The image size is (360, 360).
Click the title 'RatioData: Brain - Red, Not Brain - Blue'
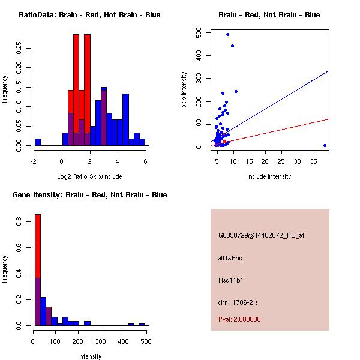[x=89, y=14]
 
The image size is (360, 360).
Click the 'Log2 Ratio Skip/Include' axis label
[x=89, y=176]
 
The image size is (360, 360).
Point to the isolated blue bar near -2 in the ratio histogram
[x=38, y=142]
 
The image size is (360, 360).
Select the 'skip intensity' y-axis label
[x=184, y=90]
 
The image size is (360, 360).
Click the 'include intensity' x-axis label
[x=269, y=176]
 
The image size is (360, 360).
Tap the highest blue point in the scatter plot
[x=227, y=34]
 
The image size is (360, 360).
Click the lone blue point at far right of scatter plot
[x=325, y=145]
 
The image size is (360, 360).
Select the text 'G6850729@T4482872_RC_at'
[x=261, y=235]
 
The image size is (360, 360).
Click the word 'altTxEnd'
[x=230, y=258]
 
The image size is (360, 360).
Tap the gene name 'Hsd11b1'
[x=230, y=280]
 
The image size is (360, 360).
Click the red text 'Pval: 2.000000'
[x=239, y=319]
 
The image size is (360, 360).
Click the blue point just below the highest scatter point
[x=232, y=46]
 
